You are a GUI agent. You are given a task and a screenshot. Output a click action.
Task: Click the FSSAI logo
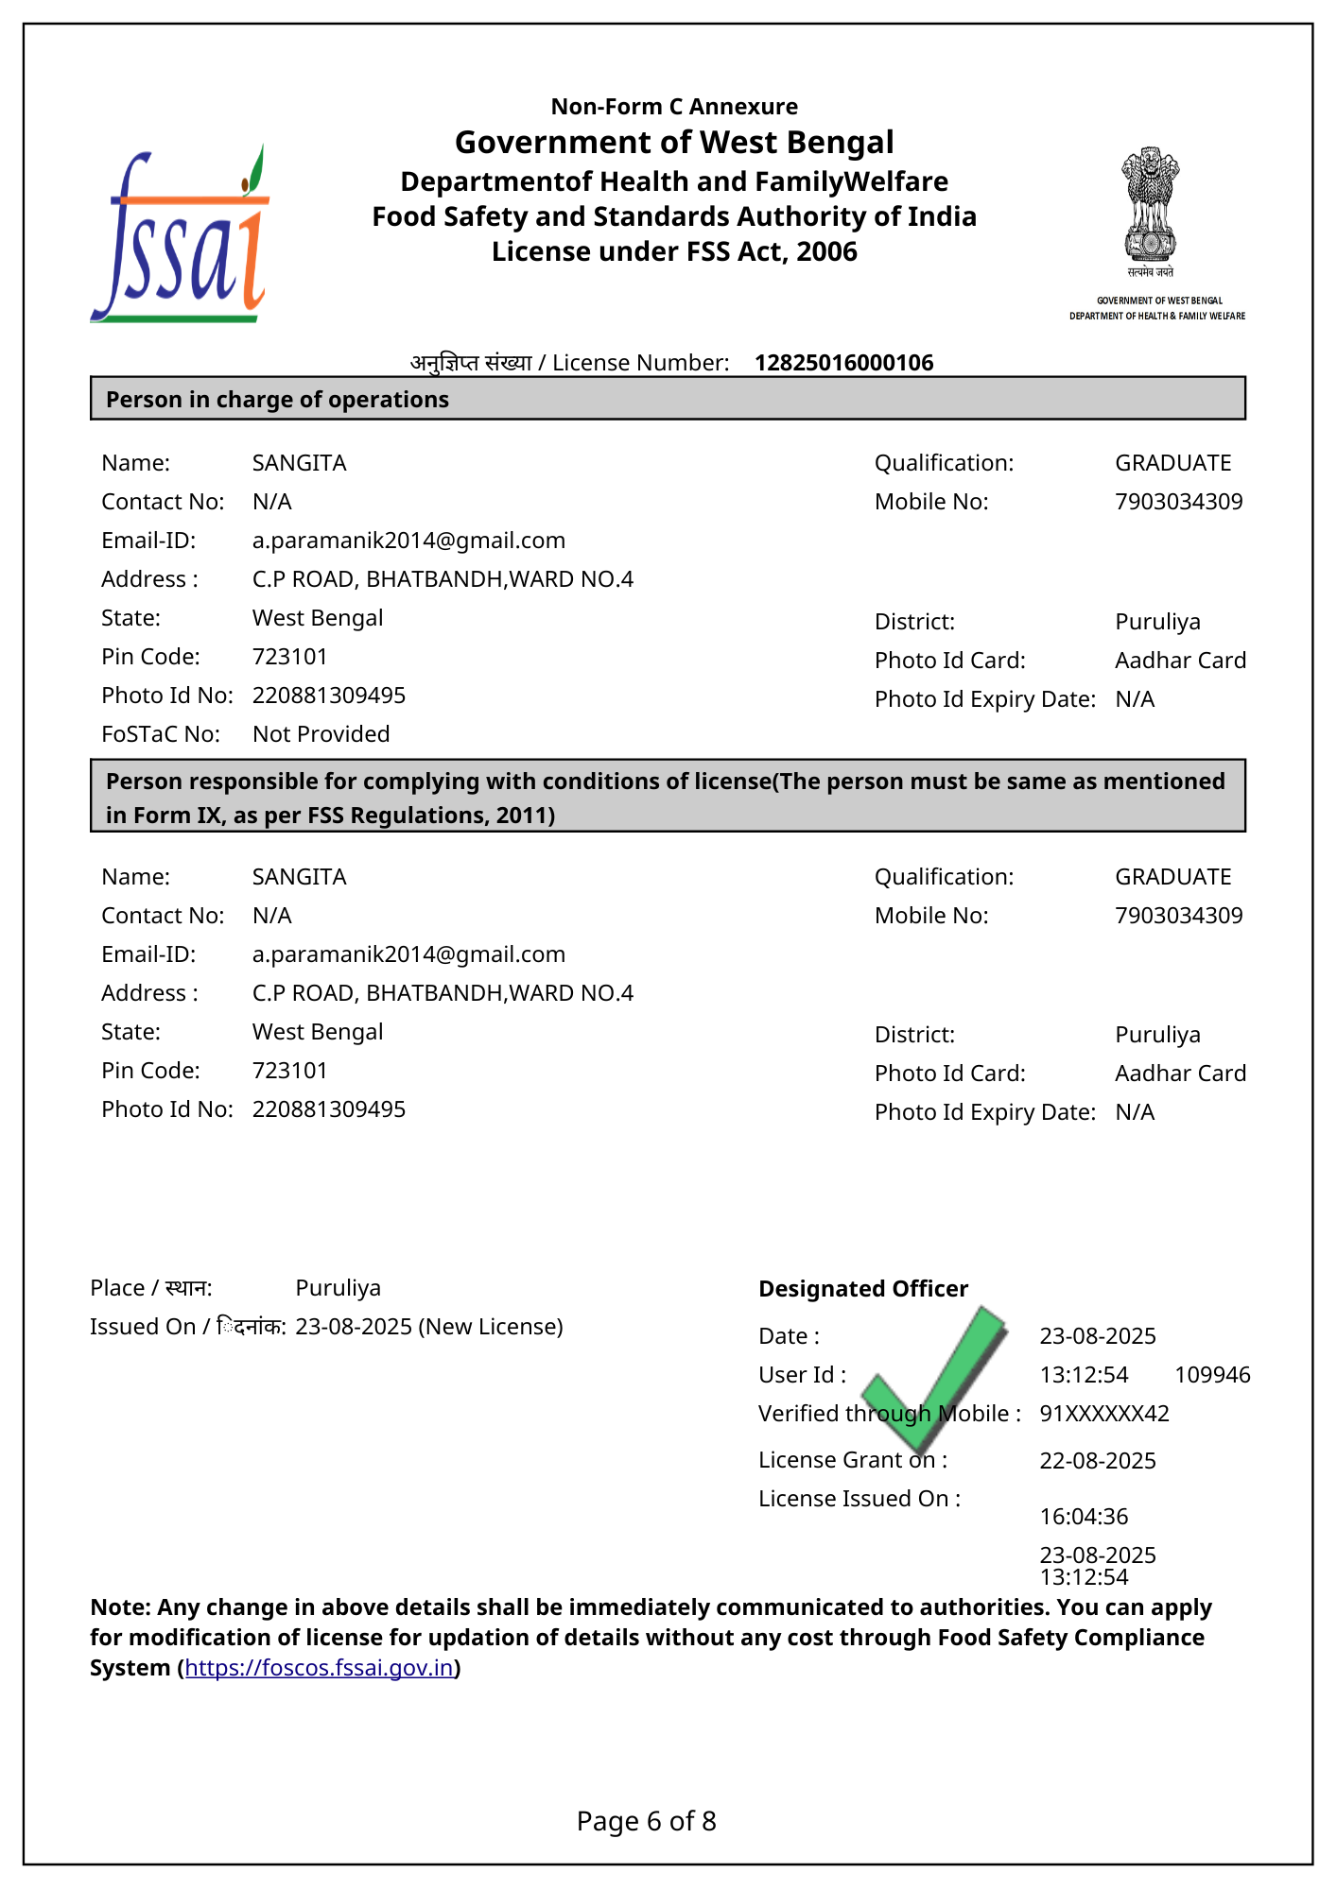click(180, 236)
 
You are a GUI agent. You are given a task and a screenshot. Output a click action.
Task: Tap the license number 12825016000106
click(843, 363)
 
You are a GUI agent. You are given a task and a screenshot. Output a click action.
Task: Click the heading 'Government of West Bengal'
click(674, 143)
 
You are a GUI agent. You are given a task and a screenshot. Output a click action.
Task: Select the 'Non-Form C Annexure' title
click(674, 107)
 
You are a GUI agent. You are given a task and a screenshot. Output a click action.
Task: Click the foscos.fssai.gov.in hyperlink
click(320, 1668)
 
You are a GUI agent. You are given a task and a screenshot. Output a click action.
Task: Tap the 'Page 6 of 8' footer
click(647, 1821)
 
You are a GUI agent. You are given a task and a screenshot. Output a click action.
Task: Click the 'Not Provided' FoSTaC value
click(321, 734)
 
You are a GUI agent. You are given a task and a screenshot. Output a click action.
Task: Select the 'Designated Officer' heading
click(863, 1289)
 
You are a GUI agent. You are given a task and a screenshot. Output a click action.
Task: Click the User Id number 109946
click(1212, 1375)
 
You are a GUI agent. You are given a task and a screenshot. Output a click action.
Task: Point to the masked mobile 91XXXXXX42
click(1104, 1414)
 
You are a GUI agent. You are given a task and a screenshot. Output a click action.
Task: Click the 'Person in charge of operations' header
click(277, 400)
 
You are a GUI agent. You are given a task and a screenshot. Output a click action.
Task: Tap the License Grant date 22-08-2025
click(1098, 1461)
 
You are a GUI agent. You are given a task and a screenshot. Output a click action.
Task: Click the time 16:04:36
click(1084, 1517)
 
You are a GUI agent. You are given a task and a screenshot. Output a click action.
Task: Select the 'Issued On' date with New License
click(429, 1327)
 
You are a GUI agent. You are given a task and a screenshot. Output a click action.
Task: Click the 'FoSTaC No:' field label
click(161, 734)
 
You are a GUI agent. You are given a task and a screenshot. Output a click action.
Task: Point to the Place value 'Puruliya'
click(339, 1288)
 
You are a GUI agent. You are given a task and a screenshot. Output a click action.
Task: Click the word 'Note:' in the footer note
click(121, 1607)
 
